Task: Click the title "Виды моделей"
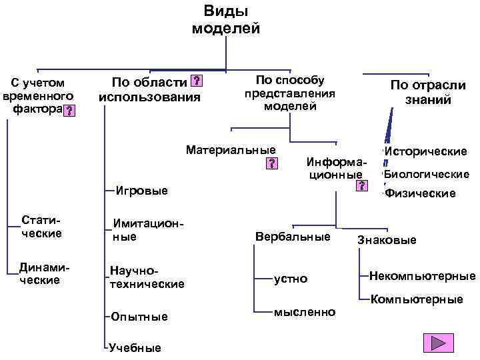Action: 226,20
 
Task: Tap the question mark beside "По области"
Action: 196,82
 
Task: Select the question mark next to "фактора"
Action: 69,110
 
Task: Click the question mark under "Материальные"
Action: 271,163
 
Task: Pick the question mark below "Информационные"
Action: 361,185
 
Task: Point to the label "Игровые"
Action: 142,191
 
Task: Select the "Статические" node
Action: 41,227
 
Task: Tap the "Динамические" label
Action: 41,273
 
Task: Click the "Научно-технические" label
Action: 147,278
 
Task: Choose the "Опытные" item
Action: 140,316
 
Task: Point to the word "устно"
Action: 291,279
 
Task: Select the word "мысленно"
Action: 305,312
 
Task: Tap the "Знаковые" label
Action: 387,240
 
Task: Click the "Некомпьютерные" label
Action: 422,276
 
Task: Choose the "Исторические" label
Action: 425,152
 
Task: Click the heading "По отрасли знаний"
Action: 427,93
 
